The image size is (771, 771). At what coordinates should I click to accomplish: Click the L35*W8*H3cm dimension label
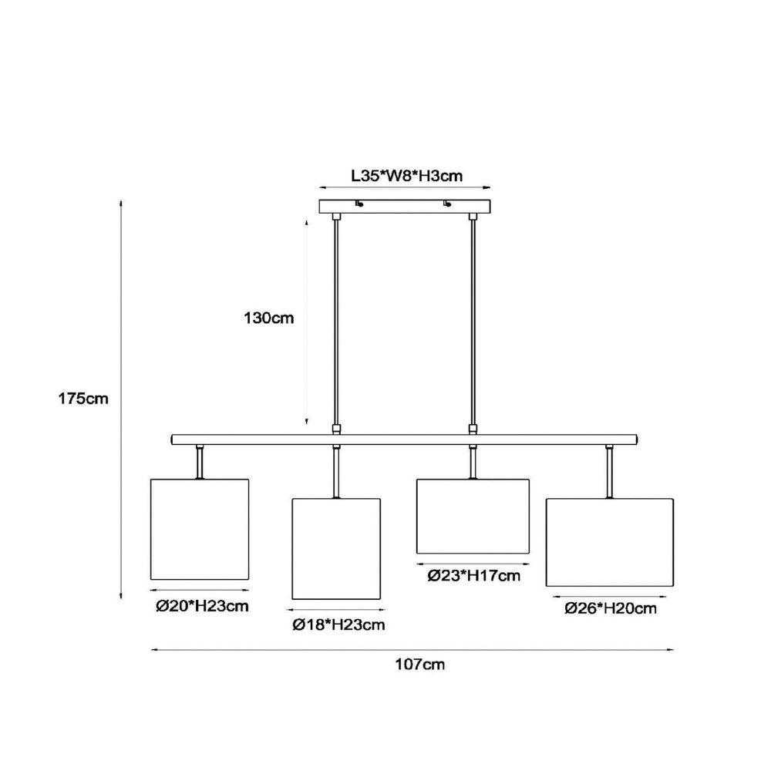click(406, 176)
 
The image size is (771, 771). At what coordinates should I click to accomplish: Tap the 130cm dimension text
click(269, 318)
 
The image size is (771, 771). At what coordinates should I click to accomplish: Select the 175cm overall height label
click(83, 399)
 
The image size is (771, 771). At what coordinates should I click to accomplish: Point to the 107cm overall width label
click(420, 665)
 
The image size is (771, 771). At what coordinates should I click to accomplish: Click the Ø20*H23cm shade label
click(202, 606)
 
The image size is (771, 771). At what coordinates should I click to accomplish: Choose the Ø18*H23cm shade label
click(338, 625)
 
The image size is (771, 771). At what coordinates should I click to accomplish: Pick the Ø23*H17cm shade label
click(473, 575)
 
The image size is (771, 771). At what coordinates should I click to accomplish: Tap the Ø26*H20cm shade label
click(610, 608)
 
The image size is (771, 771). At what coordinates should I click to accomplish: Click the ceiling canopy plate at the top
click(405, 206)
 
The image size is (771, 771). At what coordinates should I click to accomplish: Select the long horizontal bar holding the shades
click(404, 439)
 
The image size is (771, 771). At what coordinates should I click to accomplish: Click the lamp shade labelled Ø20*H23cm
click(200, 529)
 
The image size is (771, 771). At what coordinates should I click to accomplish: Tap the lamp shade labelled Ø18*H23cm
click(336, 549)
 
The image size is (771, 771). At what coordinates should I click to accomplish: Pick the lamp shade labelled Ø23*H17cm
click(473, 517)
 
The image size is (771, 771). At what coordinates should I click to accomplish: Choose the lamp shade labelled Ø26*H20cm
click(610, 542)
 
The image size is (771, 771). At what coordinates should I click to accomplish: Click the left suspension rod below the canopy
click(336, 323)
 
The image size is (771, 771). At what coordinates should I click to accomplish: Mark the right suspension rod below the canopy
click(473, 323)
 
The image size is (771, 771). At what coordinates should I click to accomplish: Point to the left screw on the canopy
click(359, 203)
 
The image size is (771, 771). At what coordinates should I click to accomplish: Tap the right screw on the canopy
click(447, 203)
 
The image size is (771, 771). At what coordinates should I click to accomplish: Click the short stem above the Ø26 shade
click(610, 472)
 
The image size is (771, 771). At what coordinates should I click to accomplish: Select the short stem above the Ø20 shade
click(200, 462)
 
